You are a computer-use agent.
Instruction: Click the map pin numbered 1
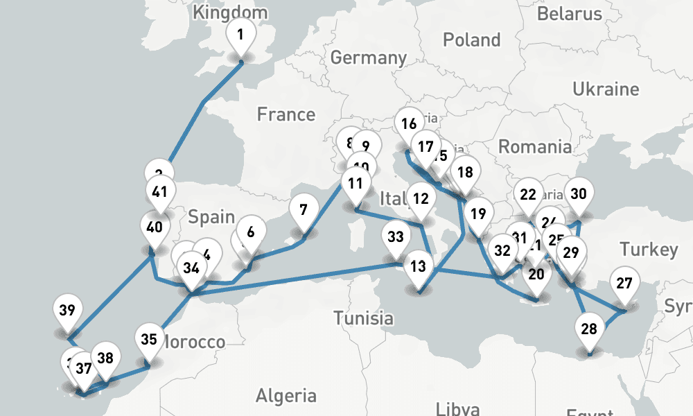240,34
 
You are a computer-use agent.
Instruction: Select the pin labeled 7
303,209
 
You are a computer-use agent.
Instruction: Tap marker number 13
417,266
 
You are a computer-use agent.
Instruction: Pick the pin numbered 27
624,284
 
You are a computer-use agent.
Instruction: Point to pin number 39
67,310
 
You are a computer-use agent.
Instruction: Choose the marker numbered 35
148,339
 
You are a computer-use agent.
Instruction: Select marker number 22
528,195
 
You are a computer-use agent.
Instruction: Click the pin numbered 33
395,237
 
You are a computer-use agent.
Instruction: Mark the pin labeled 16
409,124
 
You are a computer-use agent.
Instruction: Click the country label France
286,114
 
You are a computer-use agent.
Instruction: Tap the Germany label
368,58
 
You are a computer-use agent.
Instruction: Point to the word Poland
471,40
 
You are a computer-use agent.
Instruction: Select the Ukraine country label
605,89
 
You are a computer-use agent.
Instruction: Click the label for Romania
535,146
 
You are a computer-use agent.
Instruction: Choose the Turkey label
649,250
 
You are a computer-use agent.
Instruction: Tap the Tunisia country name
363,319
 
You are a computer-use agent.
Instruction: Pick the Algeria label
286,396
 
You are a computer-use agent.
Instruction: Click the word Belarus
569,13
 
